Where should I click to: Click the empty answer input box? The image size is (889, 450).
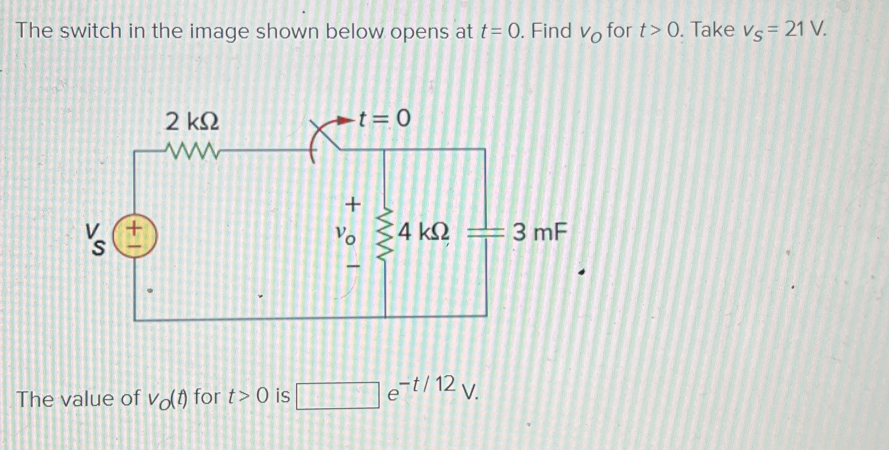(x=337, y=396)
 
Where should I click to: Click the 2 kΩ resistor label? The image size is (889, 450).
(x=192, y=122)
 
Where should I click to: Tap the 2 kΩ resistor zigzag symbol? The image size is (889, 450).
(x=192, y=150)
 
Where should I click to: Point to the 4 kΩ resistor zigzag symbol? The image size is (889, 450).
(x=385, y=233)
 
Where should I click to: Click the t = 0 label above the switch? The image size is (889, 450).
(x=384, y=120)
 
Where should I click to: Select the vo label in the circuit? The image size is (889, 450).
(x=346, y=234)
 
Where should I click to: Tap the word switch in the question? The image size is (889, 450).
(x=91, y=31)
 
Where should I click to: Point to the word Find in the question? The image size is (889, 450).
(x=551, y=31)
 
